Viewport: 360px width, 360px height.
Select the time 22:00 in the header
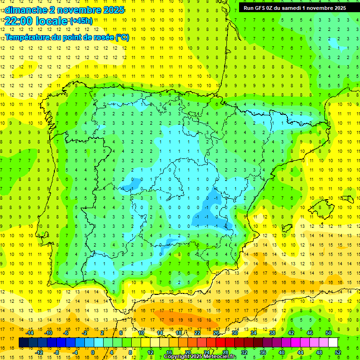pyautogui.click(x=19, y=21)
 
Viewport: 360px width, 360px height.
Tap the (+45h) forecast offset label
pyautogui.click(x=81, y=21)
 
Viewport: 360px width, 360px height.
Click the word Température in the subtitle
pyautogui.click(x=28, y=37)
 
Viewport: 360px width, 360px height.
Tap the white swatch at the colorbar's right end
pyautogui.click(x=333, y=343)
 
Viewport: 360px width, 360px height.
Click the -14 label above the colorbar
pyautogui.click(x=30, y=333)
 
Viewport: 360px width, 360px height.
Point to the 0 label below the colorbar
pyautogui.click(x=92, y=352)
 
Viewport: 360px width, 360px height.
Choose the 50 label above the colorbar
pyautogui.click(x=328, y=333)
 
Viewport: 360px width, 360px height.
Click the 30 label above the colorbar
pyautogui.click(x=234, y=333)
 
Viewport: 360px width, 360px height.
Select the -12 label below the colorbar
pyautogui.click(x=39, y=352)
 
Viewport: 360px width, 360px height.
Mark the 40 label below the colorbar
pyautogui.click(x=282, y=352)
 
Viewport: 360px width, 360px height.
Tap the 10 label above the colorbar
pyautogui.click(x=141, y=333)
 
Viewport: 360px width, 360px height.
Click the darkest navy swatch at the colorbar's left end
pyautogui.click(x=23, y=343)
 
